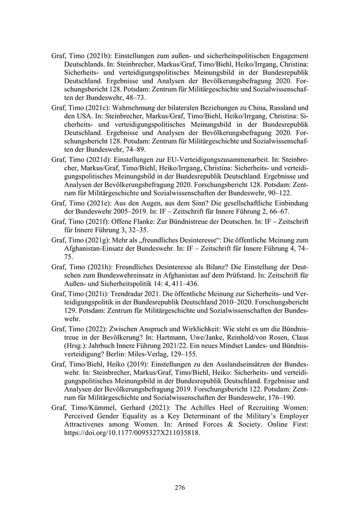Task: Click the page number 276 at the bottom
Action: tap(179, 487)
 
